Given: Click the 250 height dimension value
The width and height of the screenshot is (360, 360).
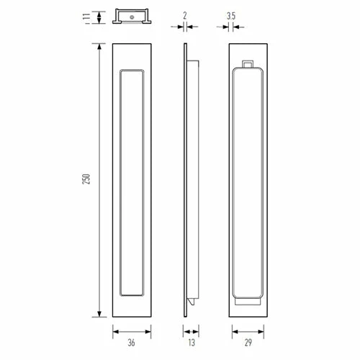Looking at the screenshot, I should pyautogui.click(x=85, y=181).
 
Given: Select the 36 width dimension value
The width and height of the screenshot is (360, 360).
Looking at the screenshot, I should pyautogui.click(x=132, y=343).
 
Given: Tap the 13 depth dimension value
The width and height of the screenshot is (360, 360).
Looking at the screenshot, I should pyautogui.click(x=190, y=343).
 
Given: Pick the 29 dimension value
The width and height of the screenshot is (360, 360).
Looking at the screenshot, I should pyautogui.click(x=249, y=343).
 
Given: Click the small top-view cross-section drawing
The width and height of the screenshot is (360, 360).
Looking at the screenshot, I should pyautogui.click(x=132, y=17).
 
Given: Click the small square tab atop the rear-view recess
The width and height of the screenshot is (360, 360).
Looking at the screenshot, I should pyautogui.click(x=248, y=66).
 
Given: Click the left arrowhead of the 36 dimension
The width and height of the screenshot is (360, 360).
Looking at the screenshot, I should pyautogui.click(x=115, y=332).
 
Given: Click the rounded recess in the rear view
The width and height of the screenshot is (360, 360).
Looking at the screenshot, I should pyautogui.click(x=248, y=184).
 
